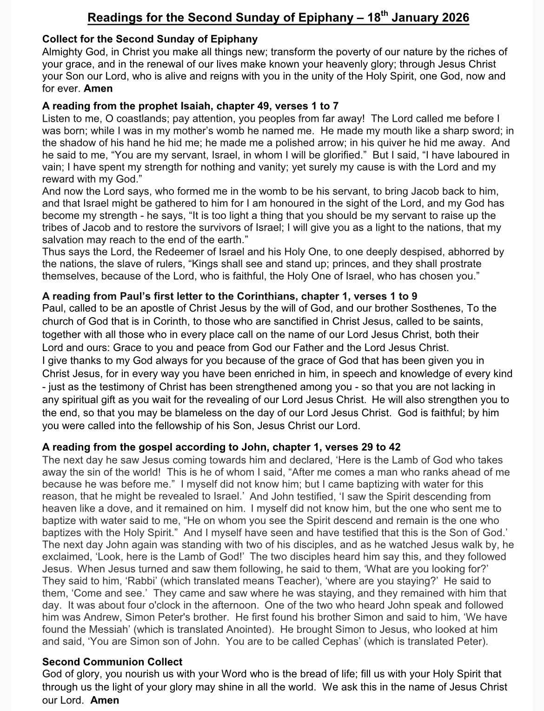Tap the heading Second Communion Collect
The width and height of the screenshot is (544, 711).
pos(112,662)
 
